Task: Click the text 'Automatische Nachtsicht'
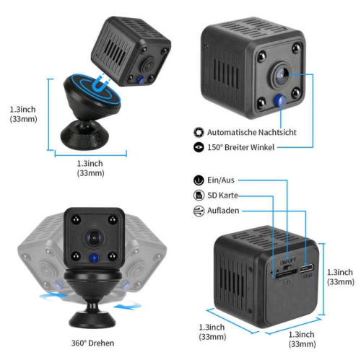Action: click(252, 133)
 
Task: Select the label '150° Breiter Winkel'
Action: click(243, 147)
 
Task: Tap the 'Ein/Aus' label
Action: click(220, 180)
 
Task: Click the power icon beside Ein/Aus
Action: click(199, 180)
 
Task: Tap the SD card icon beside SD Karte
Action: click(199, 196)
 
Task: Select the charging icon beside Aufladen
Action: click(199, 211)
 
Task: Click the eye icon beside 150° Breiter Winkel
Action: click(199, 147)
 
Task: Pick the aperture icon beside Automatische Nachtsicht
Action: click(199, 133)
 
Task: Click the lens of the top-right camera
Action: click(281, 73)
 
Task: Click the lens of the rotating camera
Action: click(92, 236)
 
